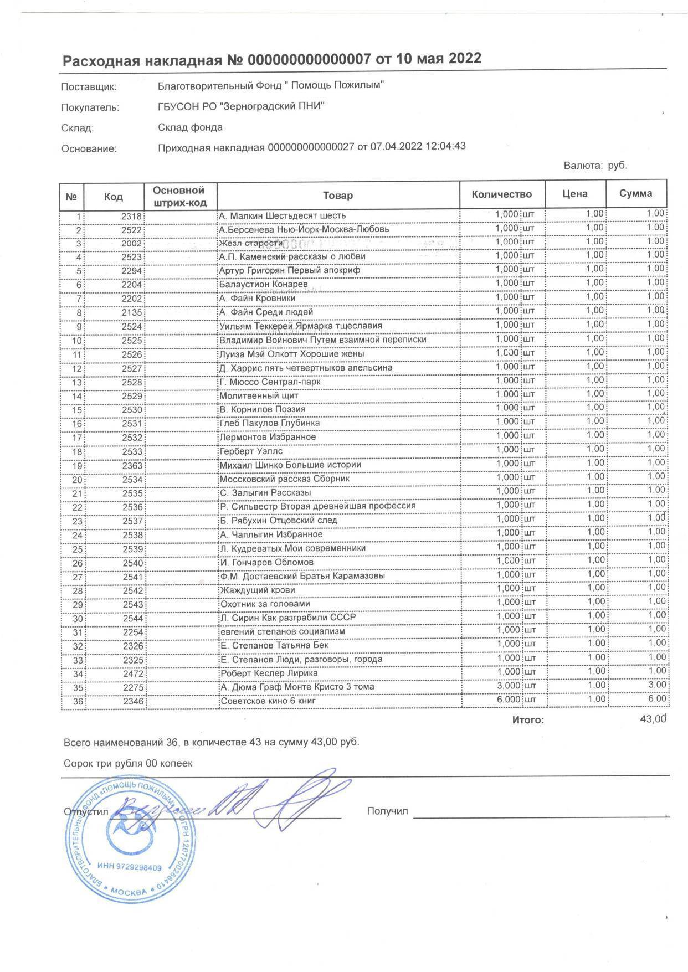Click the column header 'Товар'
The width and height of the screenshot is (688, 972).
(337, 195)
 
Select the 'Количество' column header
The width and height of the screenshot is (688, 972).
(501, 194)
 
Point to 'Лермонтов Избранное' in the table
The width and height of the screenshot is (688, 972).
(268, 437)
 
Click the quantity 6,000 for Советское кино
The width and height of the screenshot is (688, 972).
(507, 700)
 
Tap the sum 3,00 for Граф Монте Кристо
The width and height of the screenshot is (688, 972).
(656, 685)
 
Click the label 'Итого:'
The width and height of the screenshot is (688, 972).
(528, 720)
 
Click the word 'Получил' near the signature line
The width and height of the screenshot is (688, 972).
(387, 811)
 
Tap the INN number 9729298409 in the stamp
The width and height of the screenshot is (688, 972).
(129, 867)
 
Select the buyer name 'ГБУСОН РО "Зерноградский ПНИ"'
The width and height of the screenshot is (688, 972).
(241, 106)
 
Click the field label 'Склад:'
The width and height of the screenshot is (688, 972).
(78, 128)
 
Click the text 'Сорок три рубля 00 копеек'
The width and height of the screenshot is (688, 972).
(128, 763)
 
